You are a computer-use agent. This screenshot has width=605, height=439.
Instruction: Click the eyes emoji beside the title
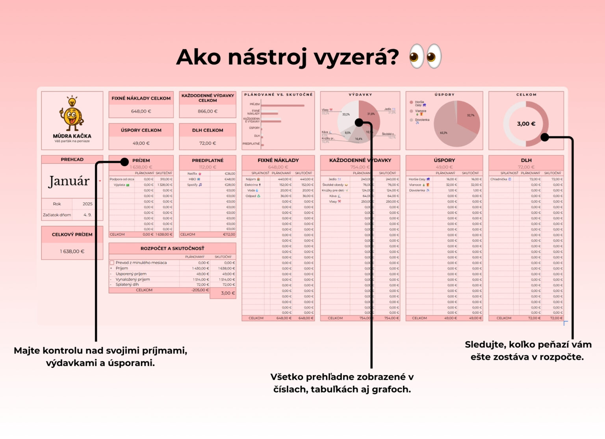pyautogui.click(x=425, y=56)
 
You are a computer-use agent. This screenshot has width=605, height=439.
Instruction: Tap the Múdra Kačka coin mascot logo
pyautogui.click(x=72, y=115)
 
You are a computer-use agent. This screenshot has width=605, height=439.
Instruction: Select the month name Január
pyautogui.click(x=69, y=181)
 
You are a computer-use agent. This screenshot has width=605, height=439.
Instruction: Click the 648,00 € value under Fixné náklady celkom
pyautogui.click(x=141, y=112)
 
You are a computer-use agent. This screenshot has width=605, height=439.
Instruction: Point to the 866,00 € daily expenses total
pyautogui.click(x=208, y=112)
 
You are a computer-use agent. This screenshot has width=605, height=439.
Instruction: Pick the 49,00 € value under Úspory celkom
pyautogui.click(x=141, y=143)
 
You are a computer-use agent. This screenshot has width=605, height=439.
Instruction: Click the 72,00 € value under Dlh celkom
pyautogui.click(x=208, y=143)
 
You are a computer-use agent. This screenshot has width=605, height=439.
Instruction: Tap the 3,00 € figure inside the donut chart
pyautogui.click(x=526, y=124)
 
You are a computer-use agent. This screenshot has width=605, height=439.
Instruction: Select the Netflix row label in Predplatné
pyautogui.click(x=192, y=174)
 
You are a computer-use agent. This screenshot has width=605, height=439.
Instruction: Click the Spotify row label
pyautogui.click(x=192, y=185)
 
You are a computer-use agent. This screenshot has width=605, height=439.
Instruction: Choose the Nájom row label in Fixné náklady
pyautogui.click(x=251, y=179)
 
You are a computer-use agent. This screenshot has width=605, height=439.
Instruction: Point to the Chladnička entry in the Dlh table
pyautogui.click(x=499, y=179)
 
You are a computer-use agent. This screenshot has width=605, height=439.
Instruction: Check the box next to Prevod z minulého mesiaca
pyautogui.click(x=112, y=263)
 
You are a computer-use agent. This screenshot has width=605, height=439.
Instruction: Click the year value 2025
pyautogui.click(x=87, y=204)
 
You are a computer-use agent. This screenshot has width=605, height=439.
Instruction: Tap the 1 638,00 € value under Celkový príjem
pyautogui.click(x=72, y=251)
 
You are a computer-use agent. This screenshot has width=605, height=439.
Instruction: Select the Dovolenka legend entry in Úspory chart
pyautogui.click(x=422, y=120)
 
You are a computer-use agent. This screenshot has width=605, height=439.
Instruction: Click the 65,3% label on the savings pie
pyautogui.click(x=444, y=133)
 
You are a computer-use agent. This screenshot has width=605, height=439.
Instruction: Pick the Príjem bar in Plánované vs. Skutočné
pyautogui.click(x=282, y=105)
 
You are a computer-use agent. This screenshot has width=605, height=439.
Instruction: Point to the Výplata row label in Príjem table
pyautogui.click(x=119, y=185)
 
